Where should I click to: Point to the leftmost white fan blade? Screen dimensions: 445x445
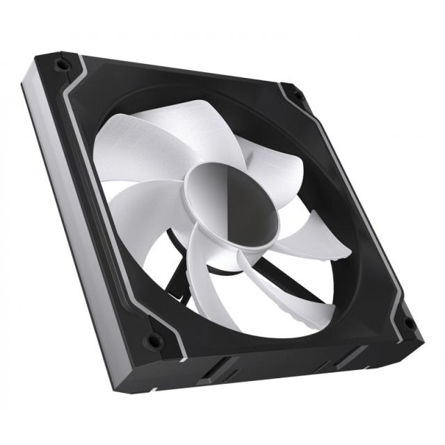[125, 209]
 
